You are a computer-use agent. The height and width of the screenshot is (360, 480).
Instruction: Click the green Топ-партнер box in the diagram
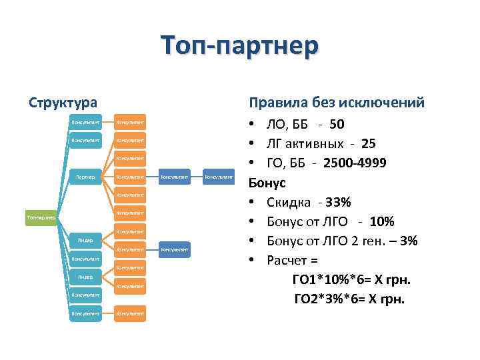[x=40, y=217]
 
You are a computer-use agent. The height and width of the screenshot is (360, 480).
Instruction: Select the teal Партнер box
[x=85, y=177]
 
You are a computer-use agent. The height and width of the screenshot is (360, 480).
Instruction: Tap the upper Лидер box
[x=85, y=240]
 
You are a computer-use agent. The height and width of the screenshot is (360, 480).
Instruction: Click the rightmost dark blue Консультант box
[x=219, y=177]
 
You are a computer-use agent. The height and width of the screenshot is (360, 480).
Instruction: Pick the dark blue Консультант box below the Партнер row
[x=174, y=249]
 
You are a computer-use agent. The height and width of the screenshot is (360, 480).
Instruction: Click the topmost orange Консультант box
[x=130, y=122]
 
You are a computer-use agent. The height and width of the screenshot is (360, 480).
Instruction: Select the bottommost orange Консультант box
[x=130, y=313]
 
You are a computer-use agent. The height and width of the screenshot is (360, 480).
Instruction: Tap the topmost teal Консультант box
[x=85, y=122]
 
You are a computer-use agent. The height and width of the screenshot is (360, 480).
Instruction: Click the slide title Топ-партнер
[x=240, y=47]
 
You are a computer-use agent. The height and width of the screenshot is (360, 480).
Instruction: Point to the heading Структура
[x=63, y=103]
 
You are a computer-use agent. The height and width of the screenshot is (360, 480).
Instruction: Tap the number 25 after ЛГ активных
[x=369, y=143]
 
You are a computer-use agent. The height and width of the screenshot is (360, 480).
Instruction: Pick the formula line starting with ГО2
[x=349, y=299]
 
